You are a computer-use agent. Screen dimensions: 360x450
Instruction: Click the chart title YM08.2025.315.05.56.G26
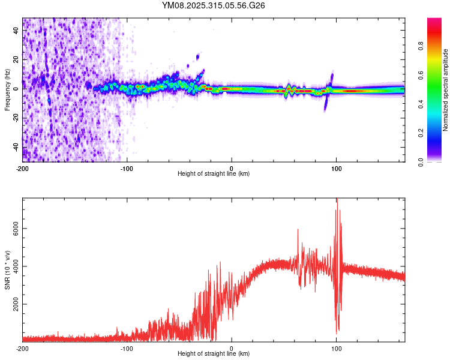(x=214, y=5)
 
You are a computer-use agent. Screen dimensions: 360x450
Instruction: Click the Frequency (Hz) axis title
(x=8, y=89)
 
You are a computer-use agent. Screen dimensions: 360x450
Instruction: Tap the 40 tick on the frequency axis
(x=17, y=29)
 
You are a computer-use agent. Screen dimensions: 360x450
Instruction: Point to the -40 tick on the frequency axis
(x=16, y=148)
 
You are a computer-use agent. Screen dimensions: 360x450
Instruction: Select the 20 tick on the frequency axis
(x=17, y=59)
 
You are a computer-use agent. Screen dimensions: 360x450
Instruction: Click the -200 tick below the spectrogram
(x=23, y=168)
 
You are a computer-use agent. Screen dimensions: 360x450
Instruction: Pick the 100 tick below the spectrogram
(x=336, y=168)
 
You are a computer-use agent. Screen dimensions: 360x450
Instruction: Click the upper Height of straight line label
(x=214, y=174)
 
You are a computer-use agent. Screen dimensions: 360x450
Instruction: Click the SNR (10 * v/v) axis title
(x=8, y=270)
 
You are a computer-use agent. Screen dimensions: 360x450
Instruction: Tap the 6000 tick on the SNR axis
(x=13, y=229)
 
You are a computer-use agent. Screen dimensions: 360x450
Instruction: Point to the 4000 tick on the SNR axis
(x=13, y=266)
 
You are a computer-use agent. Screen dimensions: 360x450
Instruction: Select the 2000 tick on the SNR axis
(x=13, y=304)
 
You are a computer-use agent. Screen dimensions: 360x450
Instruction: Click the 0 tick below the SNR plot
(x=232, y=348)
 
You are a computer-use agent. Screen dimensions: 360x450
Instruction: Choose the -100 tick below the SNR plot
(x=127, y=348)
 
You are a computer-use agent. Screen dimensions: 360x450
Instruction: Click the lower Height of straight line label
(x=214, y=354)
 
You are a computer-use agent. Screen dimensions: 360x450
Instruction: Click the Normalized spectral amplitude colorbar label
(x=445, y=90)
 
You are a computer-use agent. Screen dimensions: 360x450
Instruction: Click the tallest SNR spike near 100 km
(x=337, y=201)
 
